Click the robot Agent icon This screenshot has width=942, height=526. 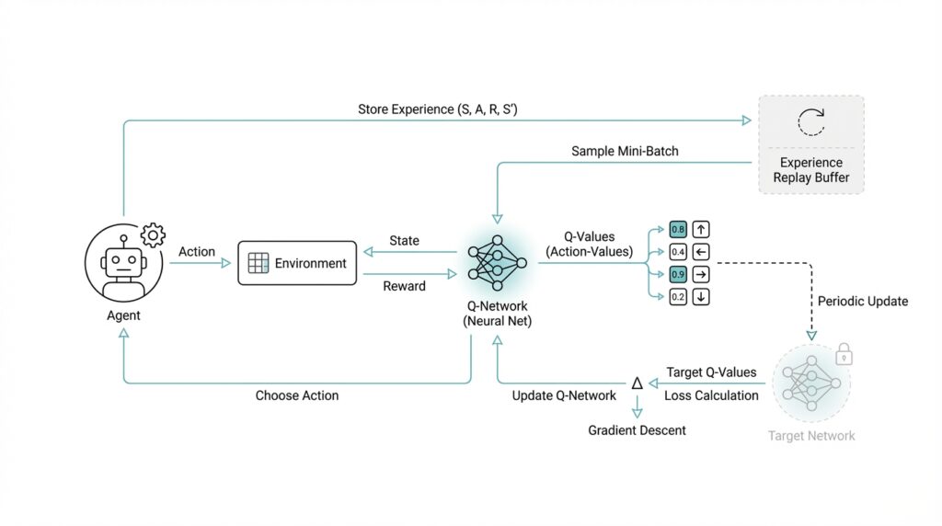[x=123, y=263]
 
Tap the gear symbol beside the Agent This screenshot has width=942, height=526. [x=152, y=235]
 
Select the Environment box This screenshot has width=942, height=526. [x=297, y=263]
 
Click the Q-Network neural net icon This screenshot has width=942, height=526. [x=497, y=263]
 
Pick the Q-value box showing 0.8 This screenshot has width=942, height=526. [x=678, y=229]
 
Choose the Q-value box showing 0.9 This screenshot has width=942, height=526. [x=678, y=274]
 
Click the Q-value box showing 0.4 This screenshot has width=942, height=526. [x=678, y=251]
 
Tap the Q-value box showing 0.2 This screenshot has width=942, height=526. [x=678, y=296]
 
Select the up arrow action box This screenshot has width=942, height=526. [x=702, y=229]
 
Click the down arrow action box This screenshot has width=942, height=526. [x=702, y=296]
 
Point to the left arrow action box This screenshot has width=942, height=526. [x=702, y=251]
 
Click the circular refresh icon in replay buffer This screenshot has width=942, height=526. [x=811, y=123]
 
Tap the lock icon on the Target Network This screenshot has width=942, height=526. [x=843, y=355]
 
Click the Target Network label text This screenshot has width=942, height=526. [x=811, y=436]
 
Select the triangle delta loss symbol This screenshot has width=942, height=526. [x=636, y=383]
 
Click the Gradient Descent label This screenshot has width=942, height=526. [x=637, y=430]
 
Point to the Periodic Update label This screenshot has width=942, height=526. [x=862, y=302]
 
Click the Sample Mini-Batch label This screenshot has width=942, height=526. [x=625, y=151]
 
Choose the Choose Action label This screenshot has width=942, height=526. [x=297, y=395]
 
